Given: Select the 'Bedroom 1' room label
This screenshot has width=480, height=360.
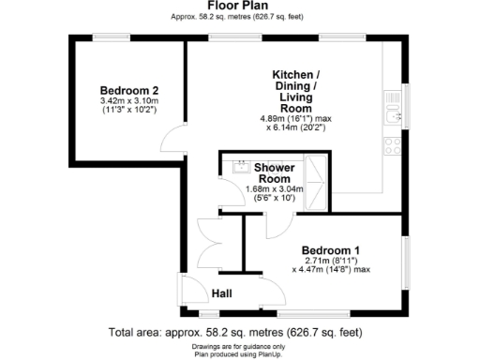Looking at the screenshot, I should click(x=330, y=250).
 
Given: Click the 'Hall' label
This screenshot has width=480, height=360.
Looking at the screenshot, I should click(x=221, y=293).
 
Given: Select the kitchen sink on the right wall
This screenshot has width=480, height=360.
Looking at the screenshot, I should click(x=392, y=116).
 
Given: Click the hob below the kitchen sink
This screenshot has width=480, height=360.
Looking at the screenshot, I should click(x=392, y=146).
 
